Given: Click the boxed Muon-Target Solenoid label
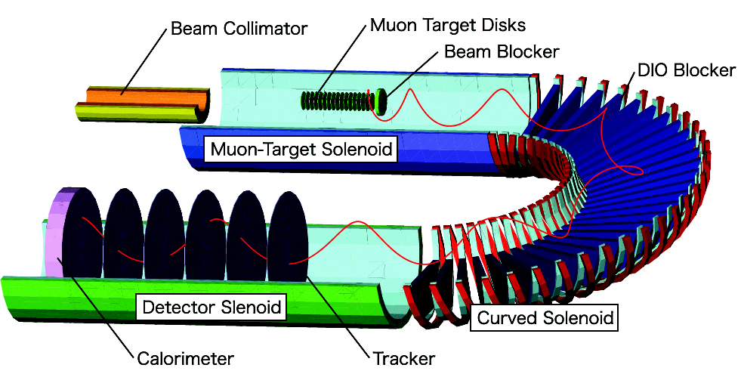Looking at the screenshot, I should (302, 149).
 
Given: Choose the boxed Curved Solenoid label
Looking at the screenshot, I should (543, 317).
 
